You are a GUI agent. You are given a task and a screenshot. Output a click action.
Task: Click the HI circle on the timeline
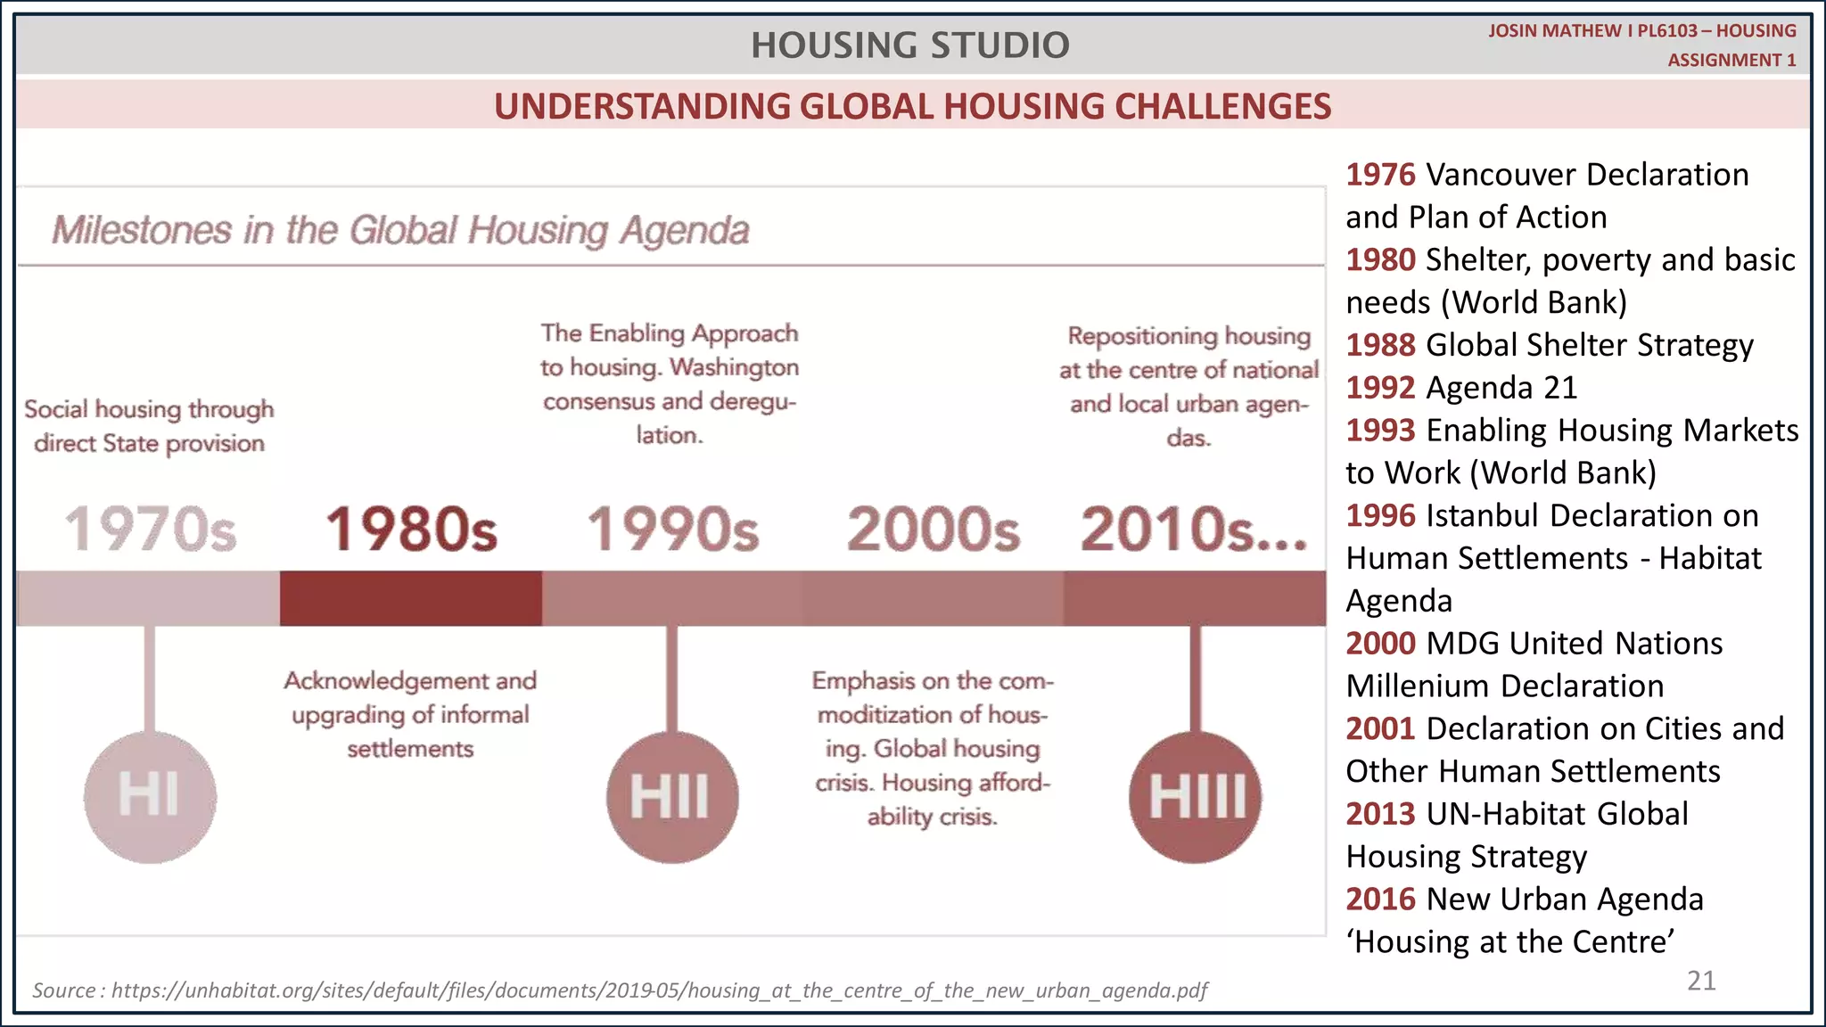click(150, 796)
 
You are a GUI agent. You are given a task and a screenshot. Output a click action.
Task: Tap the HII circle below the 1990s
click(672, 796)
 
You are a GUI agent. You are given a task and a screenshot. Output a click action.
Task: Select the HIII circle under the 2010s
click(1195, 796)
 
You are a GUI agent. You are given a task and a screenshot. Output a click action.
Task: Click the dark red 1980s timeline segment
click(411, 598)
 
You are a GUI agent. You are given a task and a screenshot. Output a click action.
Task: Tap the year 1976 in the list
click(1380, 175)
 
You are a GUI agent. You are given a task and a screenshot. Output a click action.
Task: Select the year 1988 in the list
click(1380, 345)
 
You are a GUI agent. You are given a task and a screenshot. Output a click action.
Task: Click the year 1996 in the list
click(1380, 515)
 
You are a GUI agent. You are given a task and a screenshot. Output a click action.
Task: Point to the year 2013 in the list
click(1380, 814)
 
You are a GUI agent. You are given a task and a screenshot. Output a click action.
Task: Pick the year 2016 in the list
click(1380, 899)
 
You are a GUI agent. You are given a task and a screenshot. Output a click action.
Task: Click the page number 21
click(1701, 981)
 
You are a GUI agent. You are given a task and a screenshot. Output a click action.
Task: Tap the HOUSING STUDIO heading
click(909, 45)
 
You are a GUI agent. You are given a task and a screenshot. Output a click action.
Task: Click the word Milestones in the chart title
click(142, 230)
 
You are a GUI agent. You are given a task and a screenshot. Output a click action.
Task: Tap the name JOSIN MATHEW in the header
click(1554, 31)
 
